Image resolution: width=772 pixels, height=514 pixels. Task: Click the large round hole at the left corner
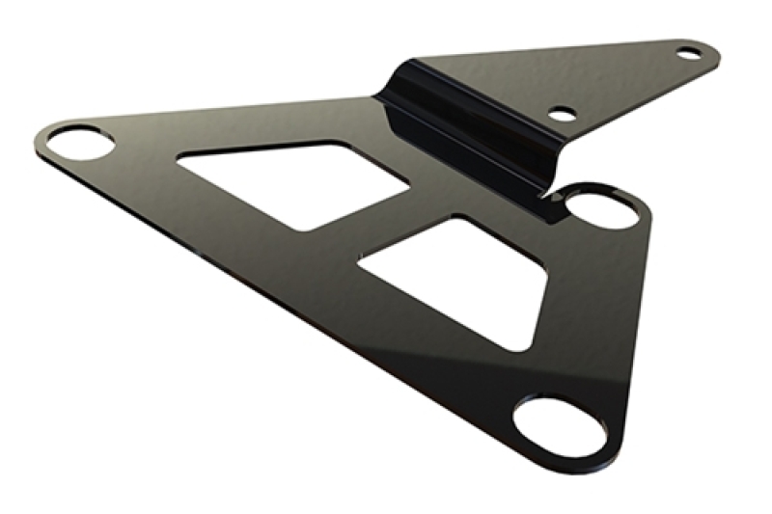tap(82, 144)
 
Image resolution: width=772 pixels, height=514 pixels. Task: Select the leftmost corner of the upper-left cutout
tap(179, 160)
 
